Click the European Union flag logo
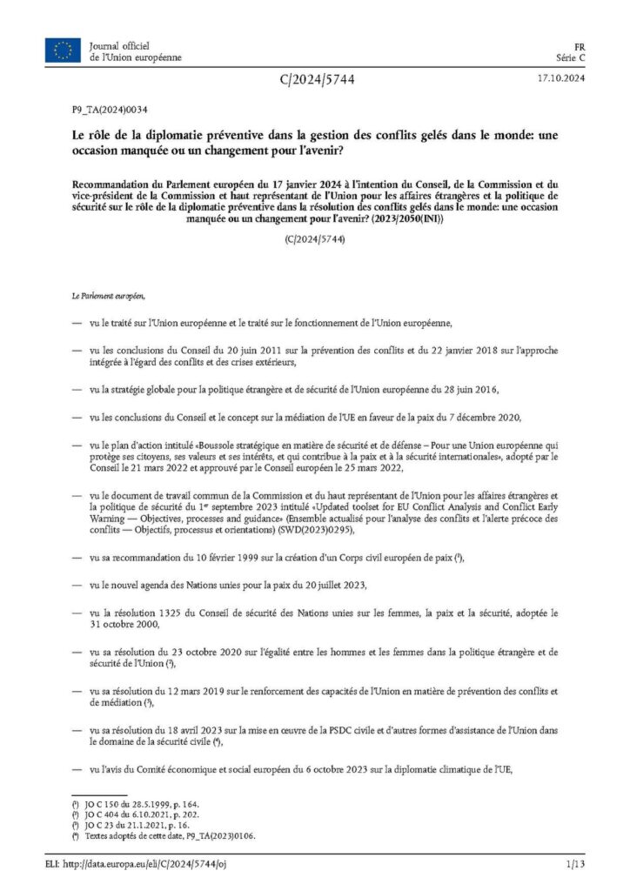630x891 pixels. coord(64,50)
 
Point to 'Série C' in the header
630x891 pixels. coord(571,57)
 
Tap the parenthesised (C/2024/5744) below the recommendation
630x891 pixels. coord(315,238)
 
